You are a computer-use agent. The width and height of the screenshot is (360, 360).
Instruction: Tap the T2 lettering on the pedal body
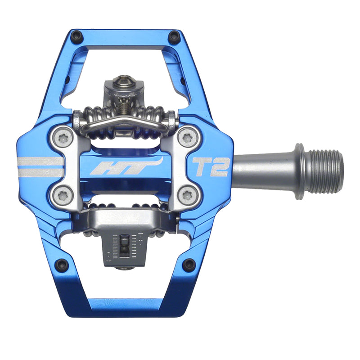click(x=211, y=166)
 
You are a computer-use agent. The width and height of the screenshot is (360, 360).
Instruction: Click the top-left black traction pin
click(x=77, y=36)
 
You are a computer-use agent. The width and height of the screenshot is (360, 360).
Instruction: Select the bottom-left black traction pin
click(x=61, y=264)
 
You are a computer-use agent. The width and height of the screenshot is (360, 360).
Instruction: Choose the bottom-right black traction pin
click(x=189, y=264)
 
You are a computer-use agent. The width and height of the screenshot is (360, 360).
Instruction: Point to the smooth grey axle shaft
click(x=261, y=171)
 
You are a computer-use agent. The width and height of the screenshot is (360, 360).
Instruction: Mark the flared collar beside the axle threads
click(x=299, y=171)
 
